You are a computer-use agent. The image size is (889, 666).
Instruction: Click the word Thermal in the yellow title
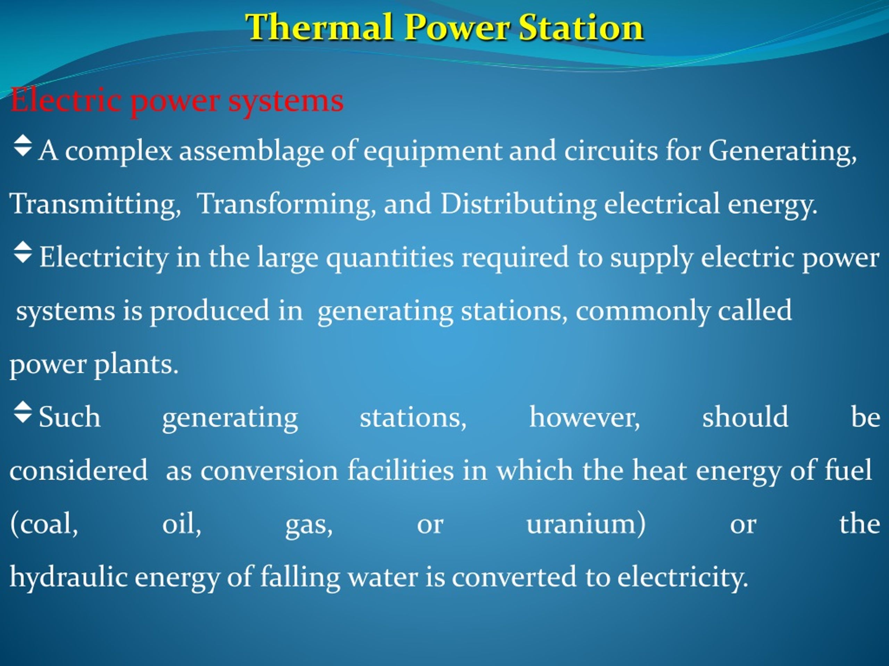pos(319,27)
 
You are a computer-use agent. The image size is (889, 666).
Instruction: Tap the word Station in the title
pos(581,27)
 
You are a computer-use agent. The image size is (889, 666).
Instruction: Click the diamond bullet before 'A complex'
pos(23,145)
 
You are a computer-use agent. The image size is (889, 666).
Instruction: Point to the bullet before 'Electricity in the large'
pos(23,252)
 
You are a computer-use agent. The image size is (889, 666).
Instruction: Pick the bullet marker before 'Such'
pos(23,412)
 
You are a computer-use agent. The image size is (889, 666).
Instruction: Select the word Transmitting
pos(95,204)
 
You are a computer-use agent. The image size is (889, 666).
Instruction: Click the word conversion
pos(269,470)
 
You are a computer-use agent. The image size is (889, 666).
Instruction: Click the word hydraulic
pos(68,577)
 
